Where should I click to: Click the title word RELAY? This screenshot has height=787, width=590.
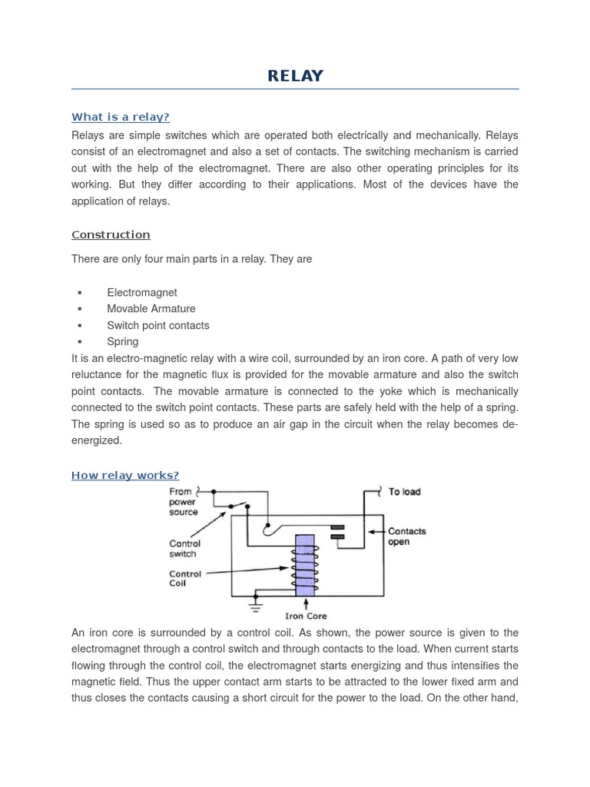295,76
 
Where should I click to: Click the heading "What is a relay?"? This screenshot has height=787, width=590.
120,117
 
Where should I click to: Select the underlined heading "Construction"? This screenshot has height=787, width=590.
111,234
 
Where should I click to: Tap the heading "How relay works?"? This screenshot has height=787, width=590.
124,475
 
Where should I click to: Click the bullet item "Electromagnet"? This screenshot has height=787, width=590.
141,293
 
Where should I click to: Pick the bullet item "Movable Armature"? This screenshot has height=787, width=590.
151,309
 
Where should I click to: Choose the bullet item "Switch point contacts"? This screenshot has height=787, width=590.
157,325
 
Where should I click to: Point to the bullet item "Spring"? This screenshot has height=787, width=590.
123,341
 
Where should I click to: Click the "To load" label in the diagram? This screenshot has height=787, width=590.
404,492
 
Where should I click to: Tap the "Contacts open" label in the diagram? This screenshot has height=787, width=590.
406,536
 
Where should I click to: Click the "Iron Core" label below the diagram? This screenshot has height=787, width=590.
306,616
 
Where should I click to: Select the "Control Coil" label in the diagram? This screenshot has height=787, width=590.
184,579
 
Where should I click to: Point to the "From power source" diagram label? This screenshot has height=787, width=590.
183,502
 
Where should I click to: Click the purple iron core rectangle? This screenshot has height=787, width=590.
305,565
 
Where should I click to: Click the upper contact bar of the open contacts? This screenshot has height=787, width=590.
336,527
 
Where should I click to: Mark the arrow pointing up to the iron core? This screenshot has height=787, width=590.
306,604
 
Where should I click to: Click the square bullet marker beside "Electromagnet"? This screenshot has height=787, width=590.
80,293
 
